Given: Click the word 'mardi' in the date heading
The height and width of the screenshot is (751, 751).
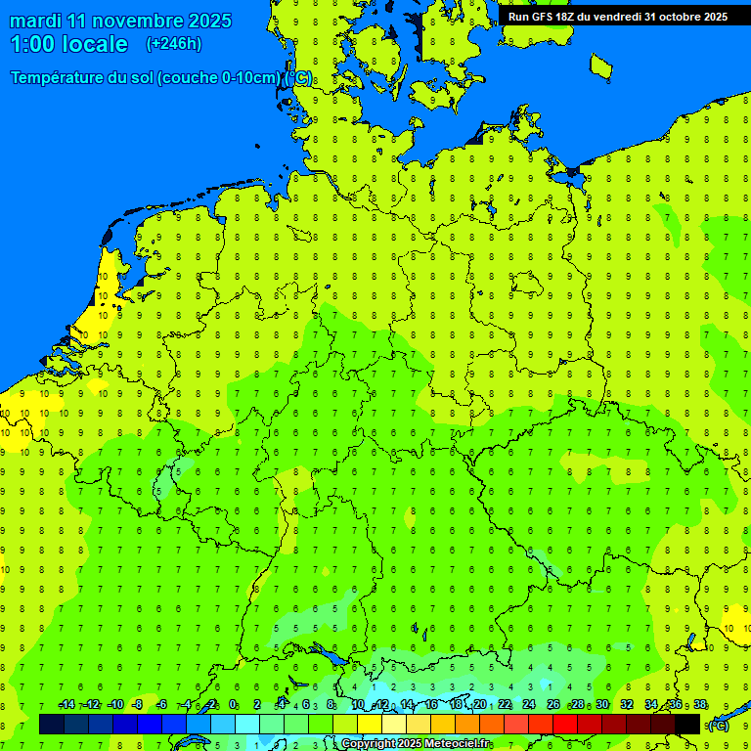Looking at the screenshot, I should [36, 21].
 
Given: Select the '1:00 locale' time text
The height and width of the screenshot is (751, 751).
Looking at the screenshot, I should [68, 44].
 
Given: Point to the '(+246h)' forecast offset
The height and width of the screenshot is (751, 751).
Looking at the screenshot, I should [173, 44].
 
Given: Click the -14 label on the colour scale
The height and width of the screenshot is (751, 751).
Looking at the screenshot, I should [66, 705].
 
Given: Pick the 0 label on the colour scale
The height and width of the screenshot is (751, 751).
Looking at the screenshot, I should [233, 705].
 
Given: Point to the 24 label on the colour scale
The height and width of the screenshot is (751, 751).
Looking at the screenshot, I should [529, 705].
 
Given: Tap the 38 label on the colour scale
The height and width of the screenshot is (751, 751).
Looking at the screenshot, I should [700, 705].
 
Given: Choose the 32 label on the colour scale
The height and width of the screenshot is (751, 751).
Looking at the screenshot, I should [627, 705].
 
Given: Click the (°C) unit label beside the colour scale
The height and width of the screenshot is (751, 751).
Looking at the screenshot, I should [718, 725].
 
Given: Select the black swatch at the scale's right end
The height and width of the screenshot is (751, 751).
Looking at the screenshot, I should [687, 725].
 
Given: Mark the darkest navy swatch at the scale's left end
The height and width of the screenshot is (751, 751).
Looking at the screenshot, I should [52, 725].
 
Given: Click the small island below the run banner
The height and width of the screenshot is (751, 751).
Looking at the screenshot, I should [601, 66].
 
